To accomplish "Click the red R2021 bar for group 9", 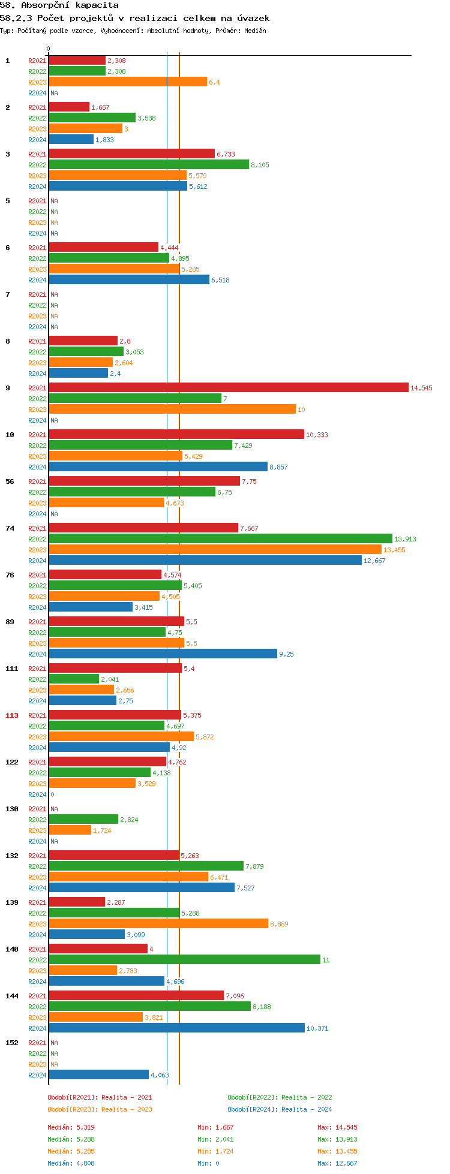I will (228, 388).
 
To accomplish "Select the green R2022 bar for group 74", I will (220, 539).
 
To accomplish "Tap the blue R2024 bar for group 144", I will (176, 1028).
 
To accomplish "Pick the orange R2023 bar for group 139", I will (158, 924).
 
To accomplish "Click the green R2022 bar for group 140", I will (184, 960).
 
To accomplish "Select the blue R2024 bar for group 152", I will (98, 1075).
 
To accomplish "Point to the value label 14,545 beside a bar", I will (421, 388).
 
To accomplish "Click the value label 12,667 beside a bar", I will (374, 561).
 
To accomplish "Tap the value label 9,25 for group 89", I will (286, 654).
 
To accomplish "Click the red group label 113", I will (12, 715).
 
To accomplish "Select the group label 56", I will (10, 481).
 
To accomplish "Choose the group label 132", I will (12, 856).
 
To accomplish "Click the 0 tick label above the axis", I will (49, 49).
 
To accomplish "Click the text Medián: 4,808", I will (71, 1163).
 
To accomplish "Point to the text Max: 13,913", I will (337, 1139).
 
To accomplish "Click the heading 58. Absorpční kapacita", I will (59, 5).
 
